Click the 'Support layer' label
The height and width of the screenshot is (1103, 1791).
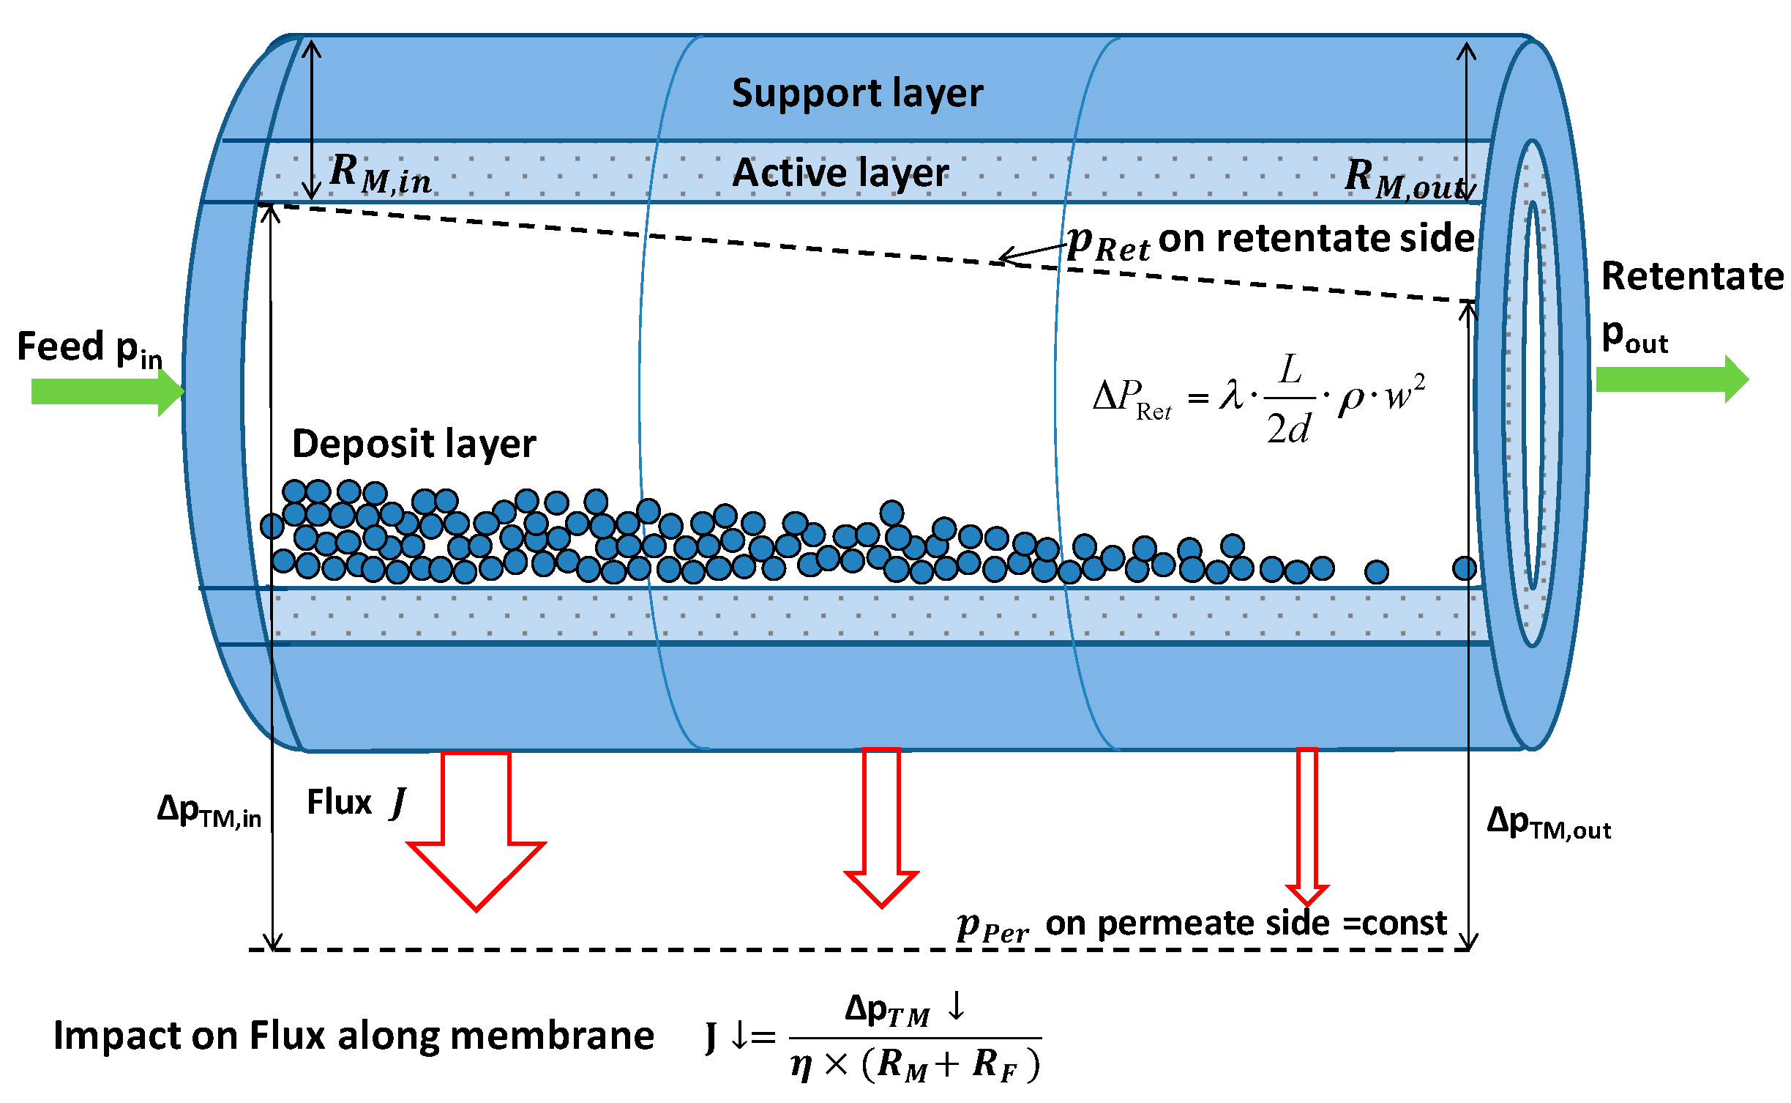tap(857, 94)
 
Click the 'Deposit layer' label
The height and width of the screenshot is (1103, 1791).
tap(414, 444)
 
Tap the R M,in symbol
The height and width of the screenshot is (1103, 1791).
tap(380, 174)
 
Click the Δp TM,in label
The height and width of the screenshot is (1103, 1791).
tap(209, 812)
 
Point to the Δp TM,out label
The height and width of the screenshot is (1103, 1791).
tap(1548, 823)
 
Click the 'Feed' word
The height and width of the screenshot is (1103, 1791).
tap(60, 346)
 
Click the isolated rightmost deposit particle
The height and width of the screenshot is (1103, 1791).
tap(1464, 568)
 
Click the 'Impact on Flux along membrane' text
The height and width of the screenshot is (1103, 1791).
tap(354, 1036)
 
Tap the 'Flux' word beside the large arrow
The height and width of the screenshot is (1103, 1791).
tap(339, 802)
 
